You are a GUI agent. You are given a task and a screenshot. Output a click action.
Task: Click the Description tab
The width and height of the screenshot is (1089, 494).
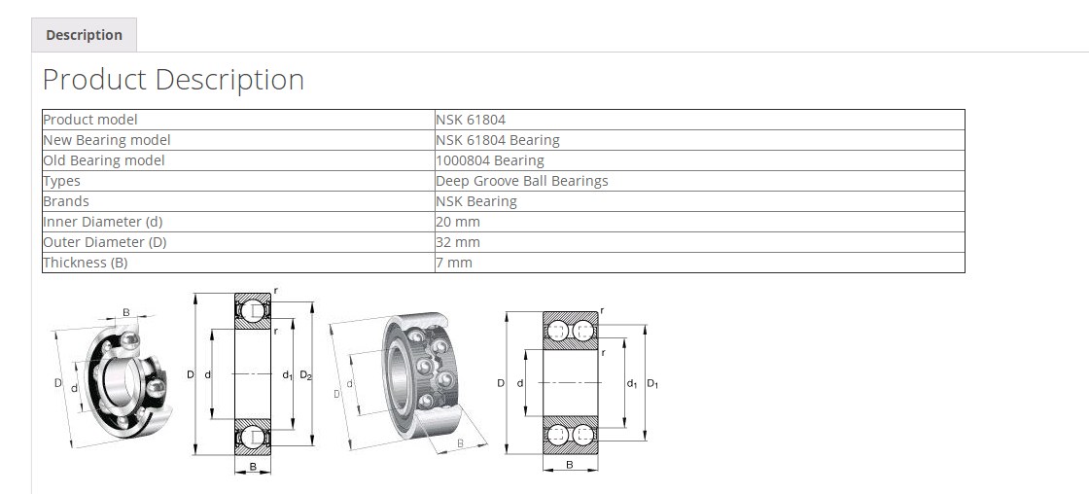point(84,35)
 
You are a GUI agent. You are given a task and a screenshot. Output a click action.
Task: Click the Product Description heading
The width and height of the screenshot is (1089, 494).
point(173,80)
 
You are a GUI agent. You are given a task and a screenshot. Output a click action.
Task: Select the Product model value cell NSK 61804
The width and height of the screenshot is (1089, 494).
point(471,120)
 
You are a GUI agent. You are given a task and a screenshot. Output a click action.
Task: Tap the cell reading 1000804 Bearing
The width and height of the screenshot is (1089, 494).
point(490,160)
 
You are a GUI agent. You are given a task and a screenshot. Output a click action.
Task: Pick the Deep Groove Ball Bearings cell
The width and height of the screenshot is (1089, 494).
point(522,181)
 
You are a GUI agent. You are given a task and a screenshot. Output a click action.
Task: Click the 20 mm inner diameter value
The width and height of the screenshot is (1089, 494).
point(458,222)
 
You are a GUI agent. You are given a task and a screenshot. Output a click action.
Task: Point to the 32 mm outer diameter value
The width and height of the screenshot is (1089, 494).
point(458,242)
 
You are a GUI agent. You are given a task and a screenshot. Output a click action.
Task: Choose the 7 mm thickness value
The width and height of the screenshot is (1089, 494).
point(454,263)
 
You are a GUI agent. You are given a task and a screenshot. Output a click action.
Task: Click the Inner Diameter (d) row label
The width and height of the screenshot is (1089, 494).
point(103,222)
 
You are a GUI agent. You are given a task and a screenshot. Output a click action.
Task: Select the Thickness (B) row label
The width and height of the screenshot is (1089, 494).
point(86,263)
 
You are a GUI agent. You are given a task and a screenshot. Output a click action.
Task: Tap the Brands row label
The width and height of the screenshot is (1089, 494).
point(66,201)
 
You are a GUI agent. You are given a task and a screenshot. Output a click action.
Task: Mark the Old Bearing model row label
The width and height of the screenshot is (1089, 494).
point(104,160)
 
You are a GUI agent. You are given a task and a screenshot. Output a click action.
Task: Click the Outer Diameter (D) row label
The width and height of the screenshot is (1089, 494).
point(105,242)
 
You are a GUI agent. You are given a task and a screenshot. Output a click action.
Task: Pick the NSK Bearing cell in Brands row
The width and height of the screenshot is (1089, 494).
point(476,201)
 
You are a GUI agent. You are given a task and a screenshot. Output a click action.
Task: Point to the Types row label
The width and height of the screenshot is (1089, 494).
point(62,181)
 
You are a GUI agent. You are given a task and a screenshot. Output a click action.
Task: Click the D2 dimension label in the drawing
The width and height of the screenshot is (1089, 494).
point(305,375)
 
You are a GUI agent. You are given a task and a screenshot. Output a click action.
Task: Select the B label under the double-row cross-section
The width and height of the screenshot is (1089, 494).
point(569,465)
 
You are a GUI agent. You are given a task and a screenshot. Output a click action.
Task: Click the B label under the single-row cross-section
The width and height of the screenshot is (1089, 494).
point(253,468)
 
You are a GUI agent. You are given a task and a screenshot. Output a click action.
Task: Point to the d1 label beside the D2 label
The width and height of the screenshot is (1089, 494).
point(287,375)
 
